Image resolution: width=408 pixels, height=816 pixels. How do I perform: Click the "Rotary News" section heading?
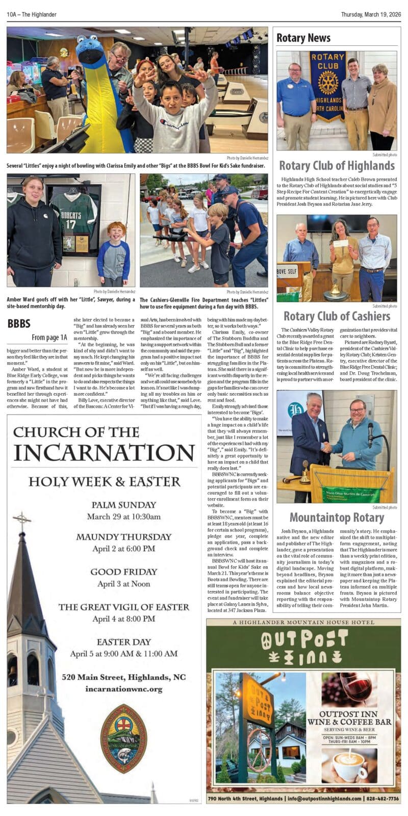pyautogui.click(x=303, y=38)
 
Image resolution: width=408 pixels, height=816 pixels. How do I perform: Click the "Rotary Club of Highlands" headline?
pyautogui.click(x=337, y=166)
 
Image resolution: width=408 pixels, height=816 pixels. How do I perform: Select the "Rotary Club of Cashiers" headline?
pyautogui.click(x=337, y=316)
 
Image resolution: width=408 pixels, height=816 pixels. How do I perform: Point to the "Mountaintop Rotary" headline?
pyautogui.click(x=337, y=518)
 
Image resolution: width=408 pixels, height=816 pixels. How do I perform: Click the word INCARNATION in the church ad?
pyautogui.click(x=104, y=453)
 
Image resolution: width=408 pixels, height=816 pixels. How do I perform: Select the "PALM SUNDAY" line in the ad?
pyautogui.click(x=123, y=505)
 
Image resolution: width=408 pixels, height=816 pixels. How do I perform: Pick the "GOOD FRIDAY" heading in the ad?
pyautogui.click(x=123, y=572)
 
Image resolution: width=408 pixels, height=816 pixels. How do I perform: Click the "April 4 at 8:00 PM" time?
pyautogui.click(x=123, y=619)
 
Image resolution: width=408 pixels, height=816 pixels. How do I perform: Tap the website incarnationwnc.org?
pyautogui.click(x=123, y=689)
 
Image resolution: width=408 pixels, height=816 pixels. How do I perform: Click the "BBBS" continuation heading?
pyautogui.click(x=19, y=323)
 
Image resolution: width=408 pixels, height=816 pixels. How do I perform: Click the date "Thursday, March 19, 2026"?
pyautogui.click(x=371, y=14)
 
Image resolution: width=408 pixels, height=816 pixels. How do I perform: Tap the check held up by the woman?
pyautogui.click(x=341, y=244)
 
